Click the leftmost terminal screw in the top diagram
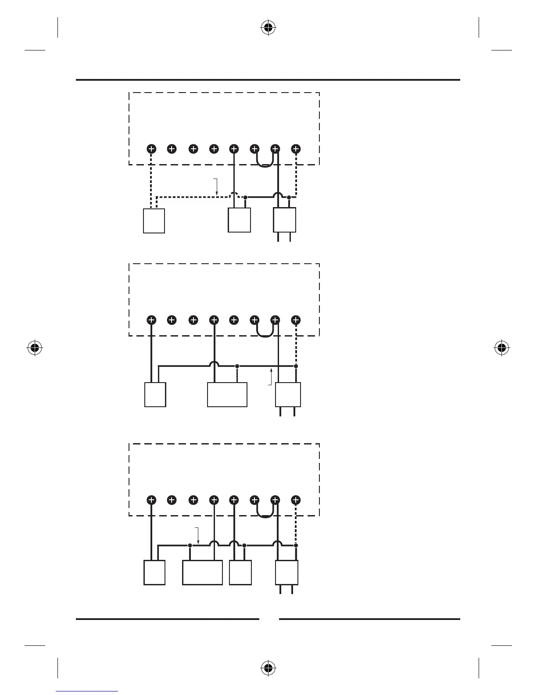151,149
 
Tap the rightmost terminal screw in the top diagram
296,149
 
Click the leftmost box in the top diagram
154,221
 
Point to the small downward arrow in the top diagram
215,187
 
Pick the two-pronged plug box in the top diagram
284,220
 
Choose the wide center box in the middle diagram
227,394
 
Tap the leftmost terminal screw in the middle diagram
151,320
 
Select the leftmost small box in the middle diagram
155,394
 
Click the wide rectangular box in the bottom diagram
202,573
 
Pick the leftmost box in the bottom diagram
154,573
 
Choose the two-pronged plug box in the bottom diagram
286,573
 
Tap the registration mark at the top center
268,29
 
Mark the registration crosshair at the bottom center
268,668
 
